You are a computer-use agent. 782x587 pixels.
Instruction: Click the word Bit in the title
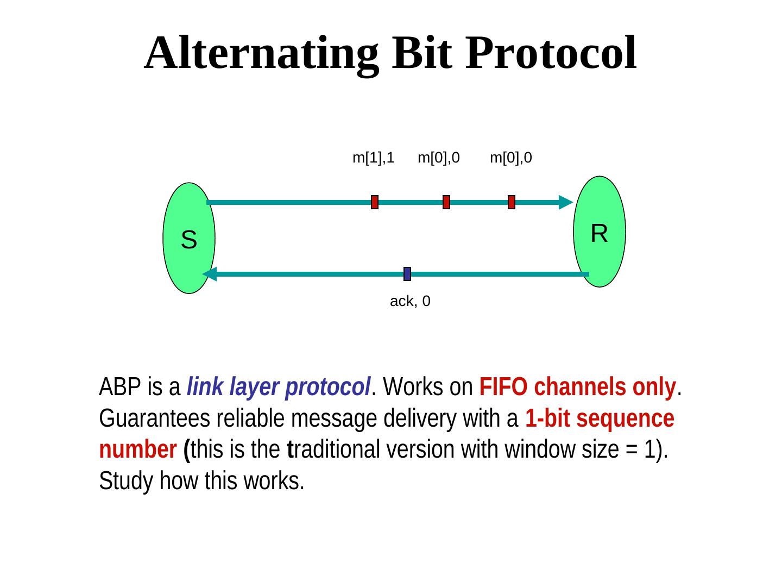point(424,53)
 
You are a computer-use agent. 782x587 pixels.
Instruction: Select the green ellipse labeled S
point(188,238)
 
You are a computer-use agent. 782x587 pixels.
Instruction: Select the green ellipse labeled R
point(599,232)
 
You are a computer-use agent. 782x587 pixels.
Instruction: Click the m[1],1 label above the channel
point(373,158)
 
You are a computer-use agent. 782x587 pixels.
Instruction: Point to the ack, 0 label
point(410,301)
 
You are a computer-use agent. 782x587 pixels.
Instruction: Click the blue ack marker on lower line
point(407,274)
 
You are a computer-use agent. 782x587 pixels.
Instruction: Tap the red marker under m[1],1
point(375,202)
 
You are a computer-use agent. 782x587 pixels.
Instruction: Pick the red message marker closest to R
point(512,202)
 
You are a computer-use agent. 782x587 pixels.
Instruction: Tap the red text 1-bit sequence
point(600,419)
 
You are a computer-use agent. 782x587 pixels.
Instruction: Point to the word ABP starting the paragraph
point(116,388)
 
